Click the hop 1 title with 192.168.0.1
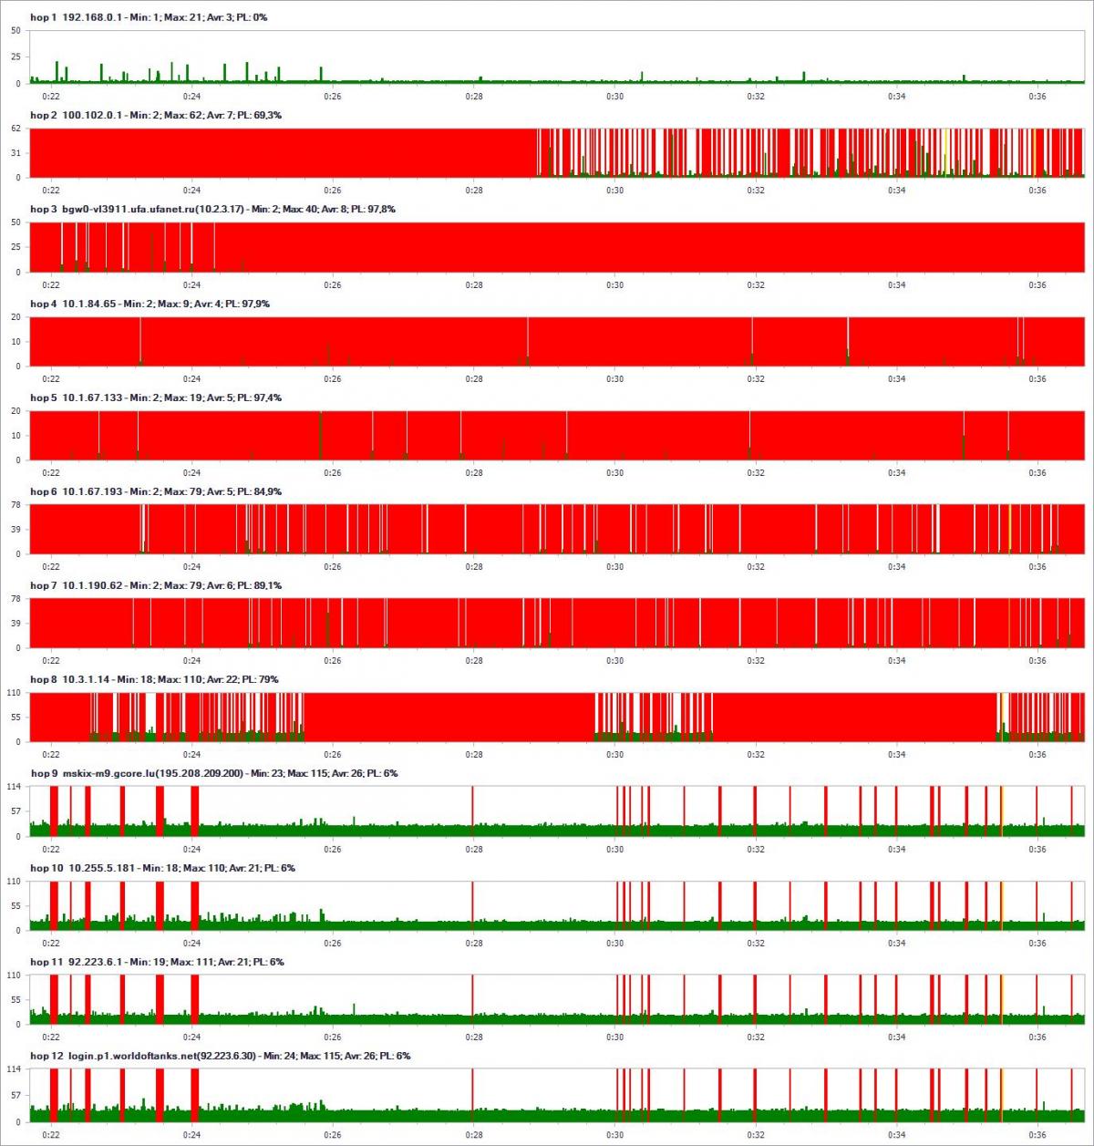point(149,17)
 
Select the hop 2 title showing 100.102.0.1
point(156,116)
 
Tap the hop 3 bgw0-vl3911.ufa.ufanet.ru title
point(212,210)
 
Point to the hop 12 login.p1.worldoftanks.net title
point(221,1057)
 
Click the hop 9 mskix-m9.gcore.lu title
point(213,774)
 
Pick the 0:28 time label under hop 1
point(474,97)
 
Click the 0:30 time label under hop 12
point(614,1135)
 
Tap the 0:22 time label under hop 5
point(51,473)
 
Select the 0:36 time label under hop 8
point(1037,755)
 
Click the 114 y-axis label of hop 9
point(15,787)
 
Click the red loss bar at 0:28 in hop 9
point(472,810)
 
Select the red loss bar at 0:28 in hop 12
point(472,1095)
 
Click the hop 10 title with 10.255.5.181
point(162,869)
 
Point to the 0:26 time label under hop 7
point(333,661)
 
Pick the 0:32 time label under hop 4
point(756,379)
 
